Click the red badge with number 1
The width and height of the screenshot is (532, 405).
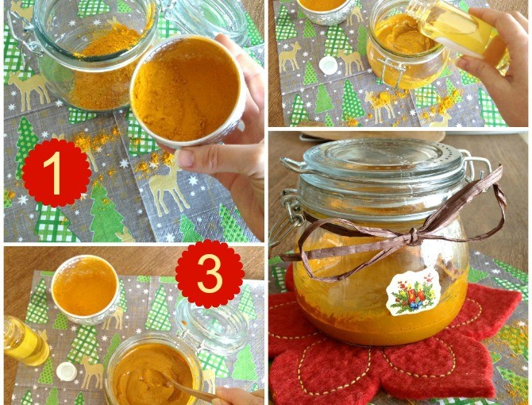(56, 173)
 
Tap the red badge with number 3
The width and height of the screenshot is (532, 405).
(210, 273)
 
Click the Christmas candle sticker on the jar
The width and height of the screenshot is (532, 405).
(414, 292)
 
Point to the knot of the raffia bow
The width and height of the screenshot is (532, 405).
(413, 235)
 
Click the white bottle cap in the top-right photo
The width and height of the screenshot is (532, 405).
(329, 64)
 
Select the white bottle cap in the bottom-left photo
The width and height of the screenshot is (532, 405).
(67, 371)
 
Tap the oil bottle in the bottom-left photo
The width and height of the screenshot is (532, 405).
(25, 340)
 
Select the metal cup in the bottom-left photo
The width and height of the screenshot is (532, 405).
(85, 289)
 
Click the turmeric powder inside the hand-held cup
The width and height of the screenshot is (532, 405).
(186, 89)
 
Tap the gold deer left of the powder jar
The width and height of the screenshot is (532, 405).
(28, 89)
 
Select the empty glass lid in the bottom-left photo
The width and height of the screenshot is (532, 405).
(213, 325)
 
